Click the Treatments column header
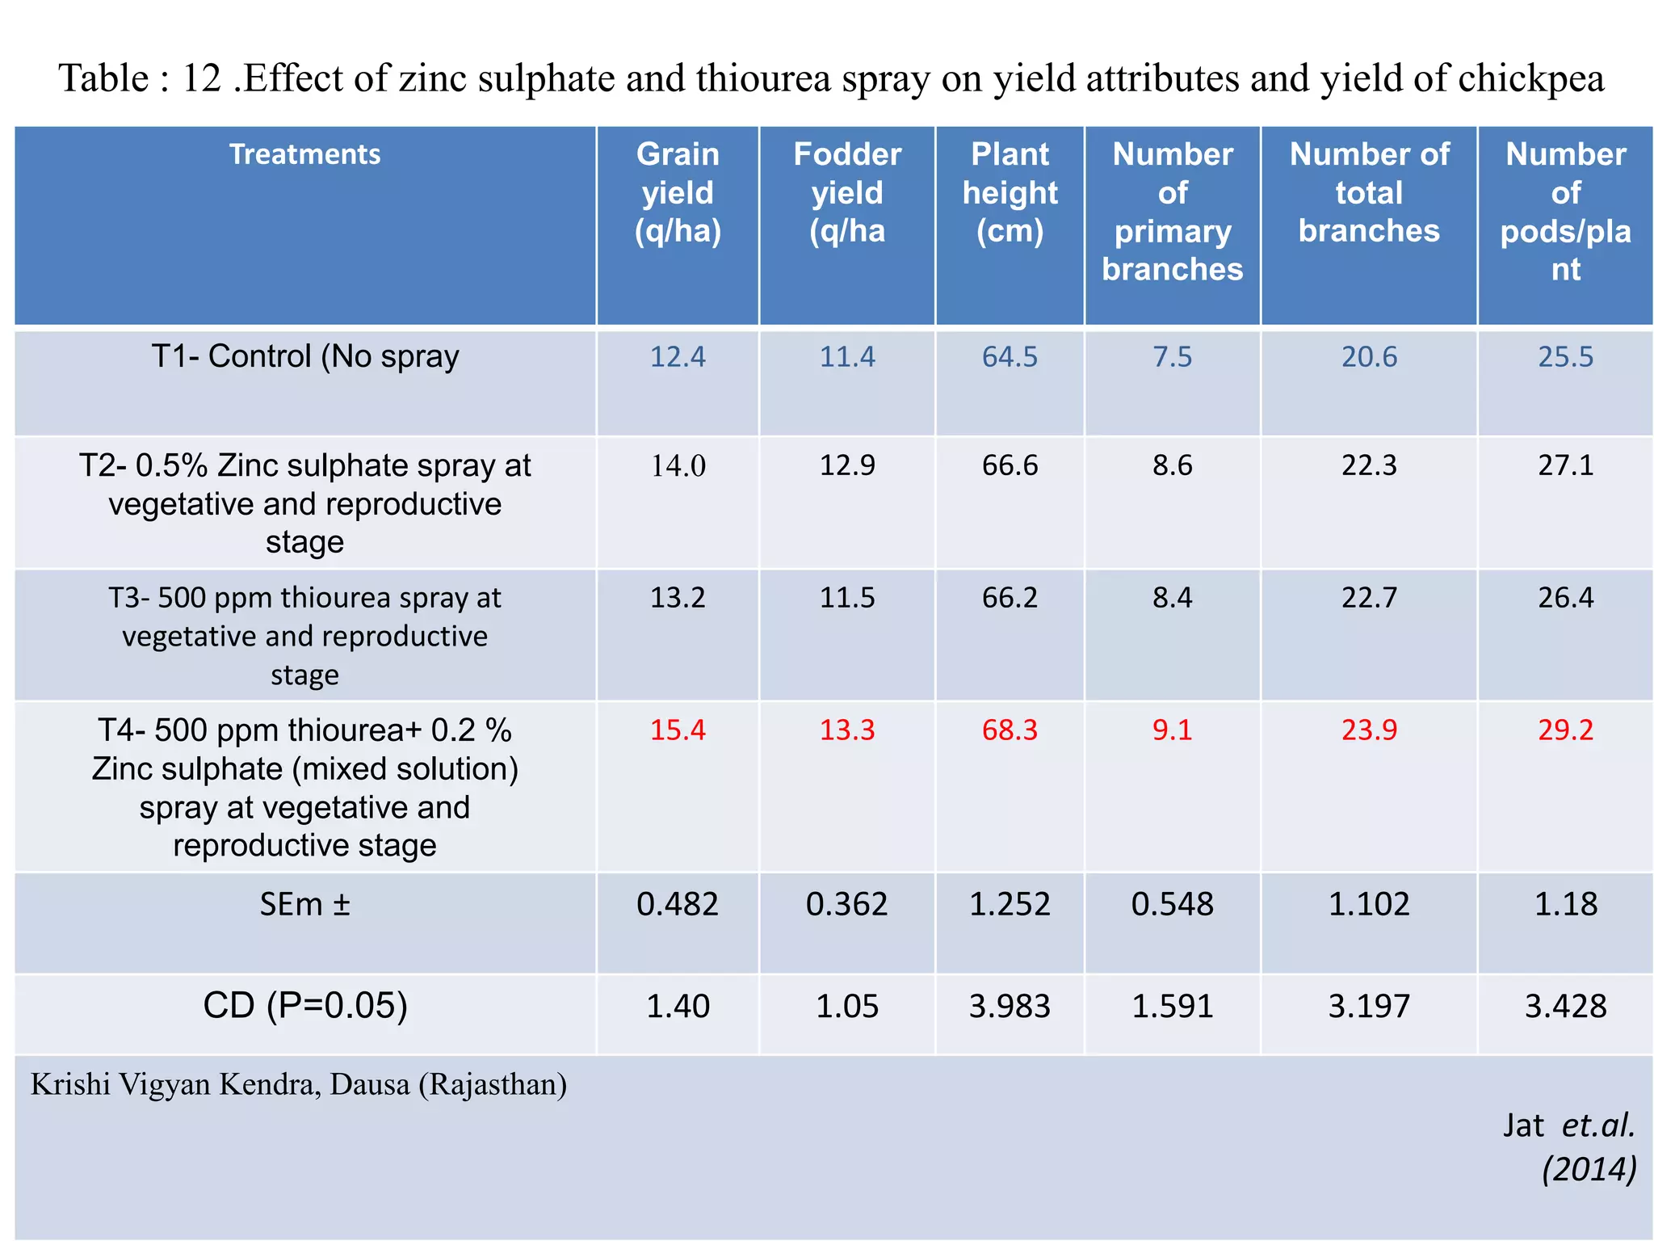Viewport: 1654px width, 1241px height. pos(304,154)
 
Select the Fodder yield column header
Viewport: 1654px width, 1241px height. pos(846,192)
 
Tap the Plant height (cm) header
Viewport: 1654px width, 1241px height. pos(1010,192)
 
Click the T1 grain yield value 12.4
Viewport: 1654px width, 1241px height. pos(678,356)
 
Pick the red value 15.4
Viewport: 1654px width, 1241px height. pos(678,730)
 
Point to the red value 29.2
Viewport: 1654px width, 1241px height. pos(1565,730)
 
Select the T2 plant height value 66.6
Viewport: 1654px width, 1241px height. pos(1010,465)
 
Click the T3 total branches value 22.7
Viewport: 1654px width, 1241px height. pos(1369,597)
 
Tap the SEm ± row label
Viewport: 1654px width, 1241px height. pos(304,904)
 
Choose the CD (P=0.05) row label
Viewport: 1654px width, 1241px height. pos(304,1006)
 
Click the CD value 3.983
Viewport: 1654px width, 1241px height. pos(1010,1007)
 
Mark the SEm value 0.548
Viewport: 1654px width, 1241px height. pos(1172,904)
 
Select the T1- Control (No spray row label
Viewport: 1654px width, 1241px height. pos(304,356)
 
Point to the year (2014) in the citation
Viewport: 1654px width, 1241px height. pos(1589,1169)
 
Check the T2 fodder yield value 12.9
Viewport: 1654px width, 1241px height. pos(846,465)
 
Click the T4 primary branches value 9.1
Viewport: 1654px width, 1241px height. pos(1172,730)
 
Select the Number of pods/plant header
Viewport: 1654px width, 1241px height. pos(1565,212)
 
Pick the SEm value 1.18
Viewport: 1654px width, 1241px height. pos(1565,904)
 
